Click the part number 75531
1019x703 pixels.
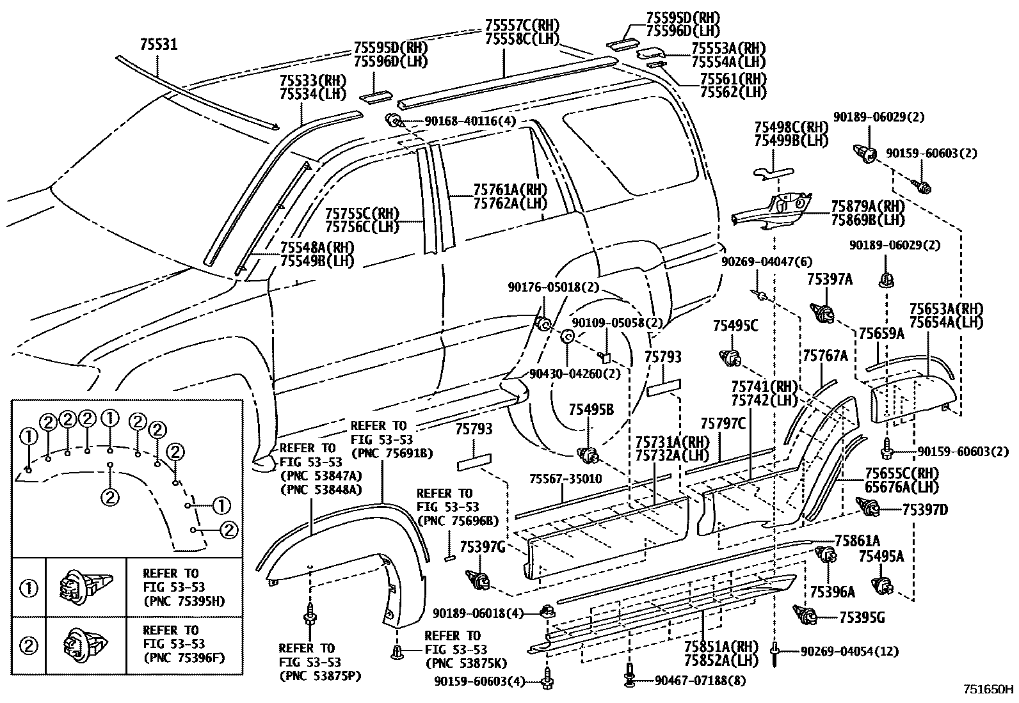(x=158, y=44)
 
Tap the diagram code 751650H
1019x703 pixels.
(x=989, y=690)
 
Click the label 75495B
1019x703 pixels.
(x=591, y=410)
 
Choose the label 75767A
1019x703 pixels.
(x=824, y=356)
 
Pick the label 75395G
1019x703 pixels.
(x=861, y=618)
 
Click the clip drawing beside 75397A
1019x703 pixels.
(x=824, y=313)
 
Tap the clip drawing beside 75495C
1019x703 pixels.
(x=730, y=356)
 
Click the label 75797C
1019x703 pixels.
(x=723, y=423)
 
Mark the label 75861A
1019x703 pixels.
(x=857, y=541)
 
